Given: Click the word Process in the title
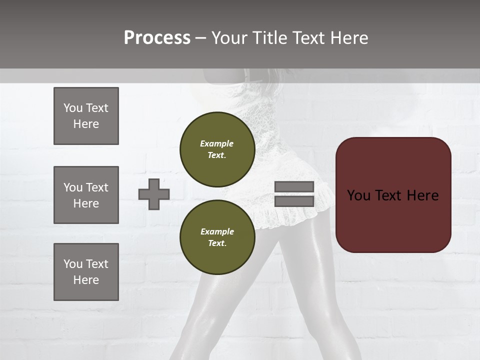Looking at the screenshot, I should point(157,38).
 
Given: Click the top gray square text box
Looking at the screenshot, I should point(86,116).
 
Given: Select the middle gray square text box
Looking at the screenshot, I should point(86,195).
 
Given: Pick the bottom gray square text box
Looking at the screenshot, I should point(86,272).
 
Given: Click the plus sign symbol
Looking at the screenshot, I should point(154,194).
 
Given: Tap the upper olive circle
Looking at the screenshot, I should point(217,149).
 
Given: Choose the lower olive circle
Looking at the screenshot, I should point(217,237).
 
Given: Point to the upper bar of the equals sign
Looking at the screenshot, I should point(294,186).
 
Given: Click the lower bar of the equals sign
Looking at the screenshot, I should point(294,201).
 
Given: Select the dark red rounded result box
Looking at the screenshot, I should point(393,194).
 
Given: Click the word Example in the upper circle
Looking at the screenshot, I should point(217,143).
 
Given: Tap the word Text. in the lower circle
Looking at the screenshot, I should point(217,243).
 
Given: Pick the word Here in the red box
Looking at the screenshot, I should point(422,195).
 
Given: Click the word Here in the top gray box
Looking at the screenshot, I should point(86,124).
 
